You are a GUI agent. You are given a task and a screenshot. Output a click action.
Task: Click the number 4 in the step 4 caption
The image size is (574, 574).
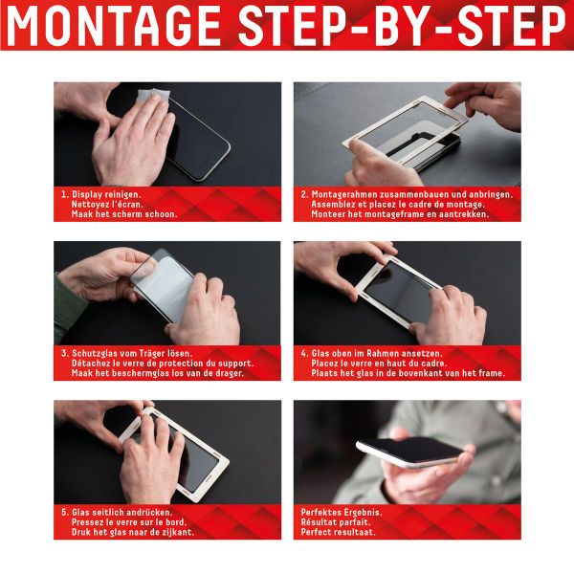[x=302, y=352]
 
